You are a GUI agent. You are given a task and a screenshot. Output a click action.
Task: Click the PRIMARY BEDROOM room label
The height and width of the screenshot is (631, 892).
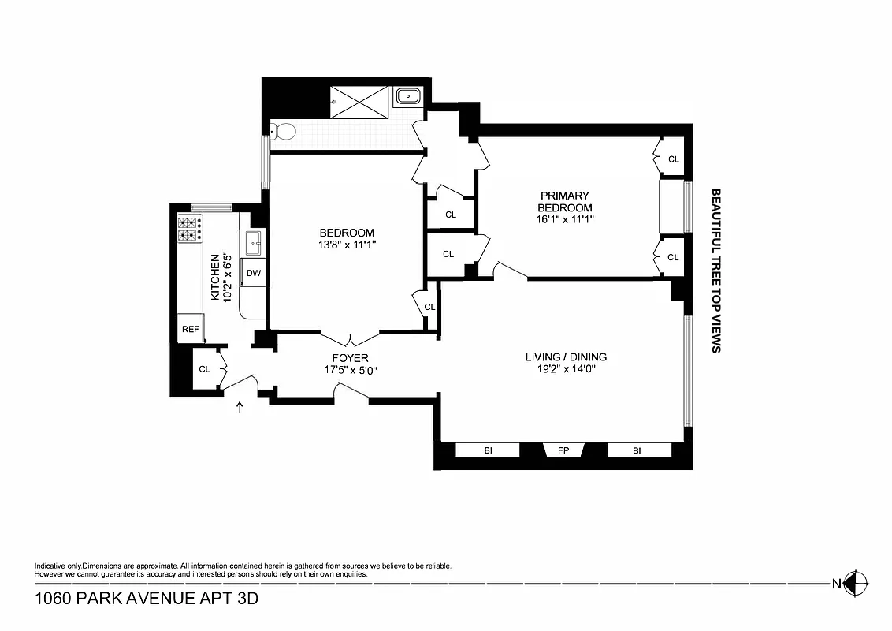coord(565,201)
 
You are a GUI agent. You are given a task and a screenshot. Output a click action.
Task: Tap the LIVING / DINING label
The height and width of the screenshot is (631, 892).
coord(566,357)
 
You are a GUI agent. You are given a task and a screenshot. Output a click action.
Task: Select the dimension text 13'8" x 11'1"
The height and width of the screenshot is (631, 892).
coord(347,245)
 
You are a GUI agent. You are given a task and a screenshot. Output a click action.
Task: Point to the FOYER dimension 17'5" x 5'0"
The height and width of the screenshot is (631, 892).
coord(351,369)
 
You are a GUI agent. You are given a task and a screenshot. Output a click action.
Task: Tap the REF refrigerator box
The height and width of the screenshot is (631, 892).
coord(191,329)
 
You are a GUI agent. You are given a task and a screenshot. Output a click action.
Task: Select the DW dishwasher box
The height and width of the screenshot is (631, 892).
coord(254,273)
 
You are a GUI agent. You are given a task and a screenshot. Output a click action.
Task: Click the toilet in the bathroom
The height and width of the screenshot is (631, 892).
coord(283,131)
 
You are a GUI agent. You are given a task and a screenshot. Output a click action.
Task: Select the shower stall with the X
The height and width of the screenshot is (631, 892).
coord(359,101)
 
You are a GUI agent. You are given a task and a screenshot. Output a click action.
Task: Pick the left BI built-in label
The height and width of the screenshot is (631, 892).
coord(488,451)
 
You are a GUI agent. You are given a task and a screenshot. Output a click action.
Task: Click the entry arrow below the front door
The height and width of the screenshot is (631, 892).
coord(240,406)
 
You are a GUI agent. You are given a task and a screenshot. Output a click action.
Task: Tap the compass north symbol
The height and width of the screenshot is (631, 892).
coord(856,584)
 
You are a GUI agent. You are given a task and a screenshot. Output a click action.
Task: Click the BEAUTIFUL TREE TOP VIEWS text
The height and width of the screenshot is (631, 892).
coord(716,270)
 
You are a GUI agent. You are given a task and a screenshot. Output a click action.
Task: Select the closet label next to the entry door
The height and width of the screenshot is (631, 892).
coord(204,368)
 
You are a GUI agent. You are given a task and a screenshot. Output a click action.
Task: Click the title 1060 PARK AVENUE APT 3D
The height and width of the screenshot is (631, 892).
coord(147,599)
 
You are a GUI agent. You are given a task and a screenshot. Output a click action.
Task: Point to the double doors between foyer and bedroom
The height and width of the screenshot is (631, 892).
coord(350,339)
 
